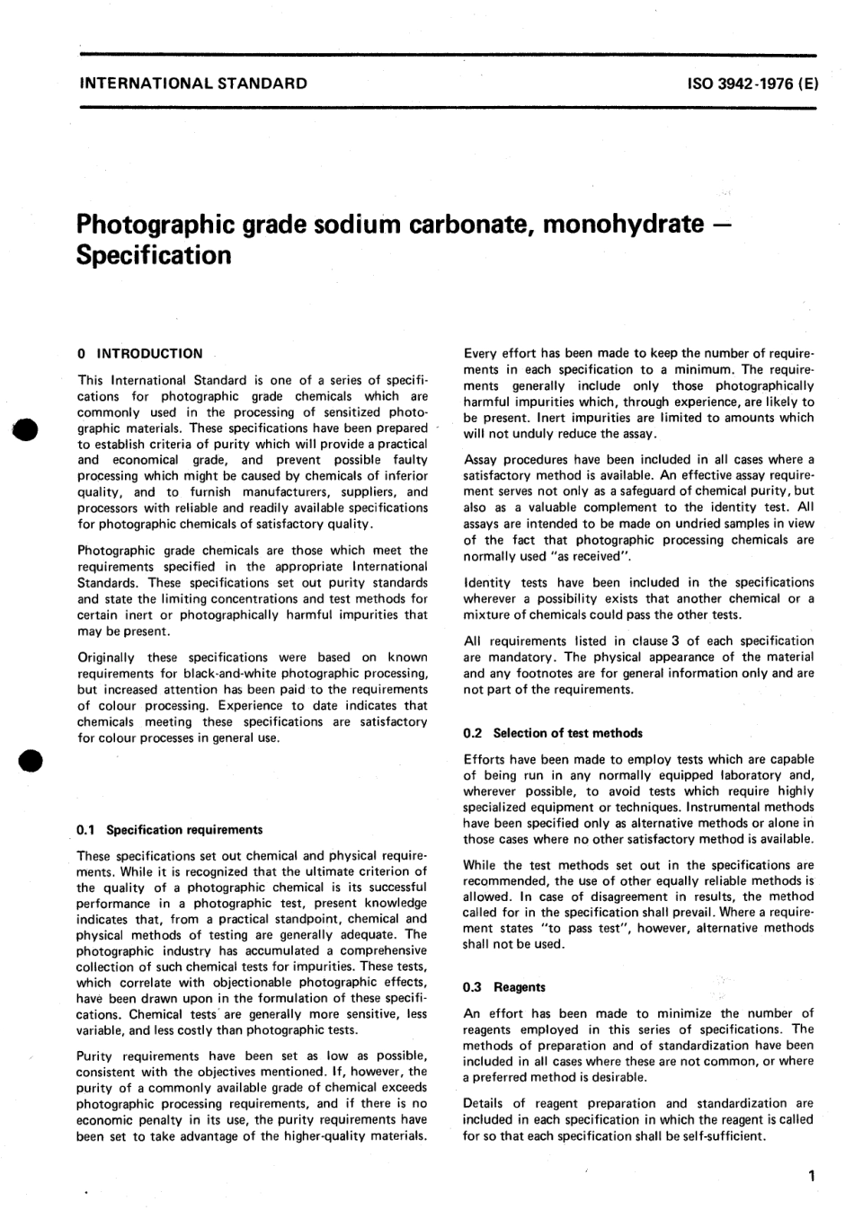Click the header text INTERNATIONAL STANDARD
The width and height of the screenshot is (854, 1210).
coord(193,84)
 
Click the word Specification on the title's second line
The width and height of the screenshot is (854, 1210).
coord(154,255)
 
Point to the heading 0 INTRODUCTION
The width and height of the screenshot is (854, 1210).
coord(140,354)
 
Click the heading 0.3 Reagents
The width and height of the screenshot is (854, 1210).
coord(504,987)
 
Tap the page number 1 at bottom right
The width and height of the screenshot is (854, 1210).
coord(811,1175)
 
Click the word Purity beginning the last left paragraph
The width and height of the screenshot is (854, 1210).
coord(97,1055)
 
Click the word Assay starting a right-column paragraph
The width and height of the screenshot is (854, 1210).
coord(482,460)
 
